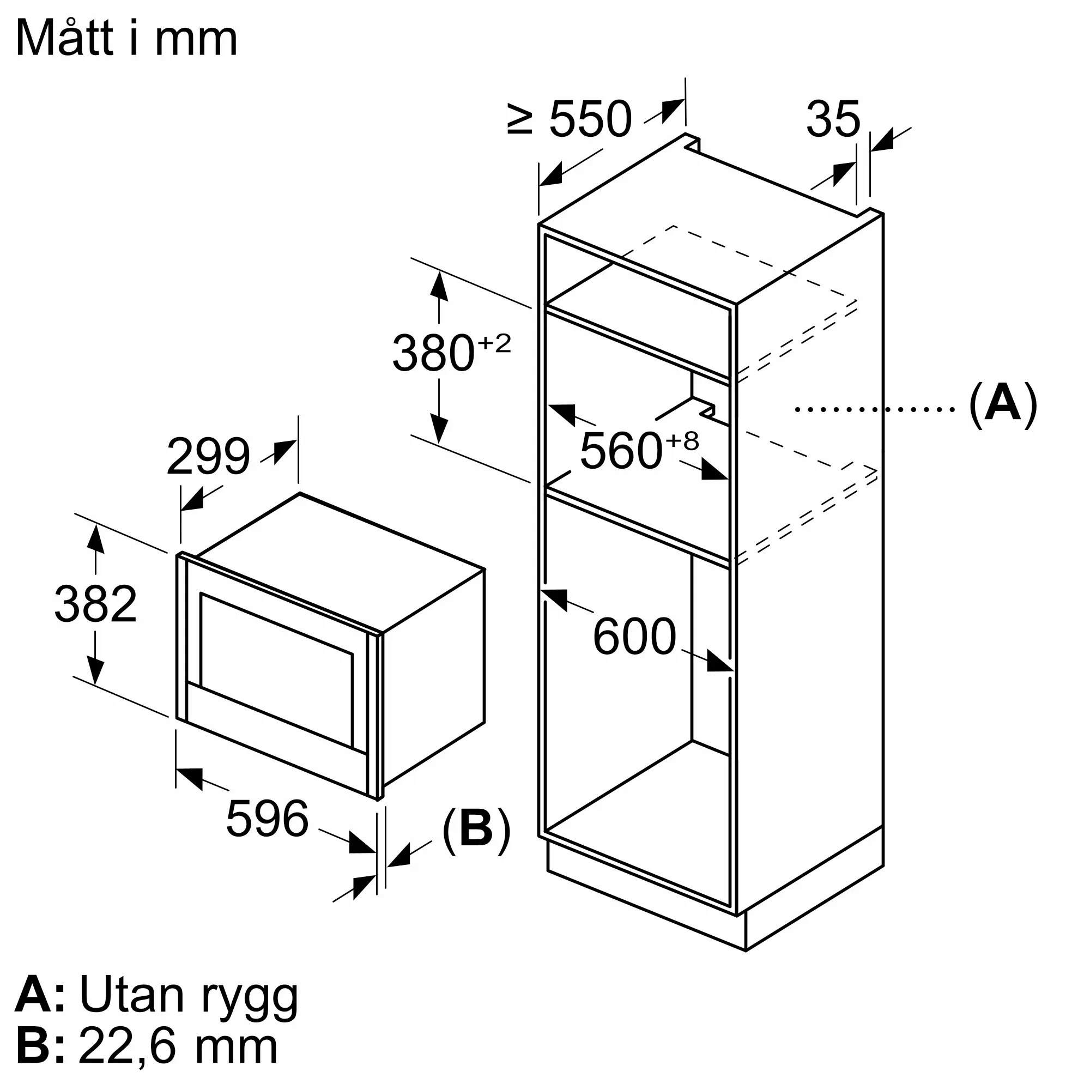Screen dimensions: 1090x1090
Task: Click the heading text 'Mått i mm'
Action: (x=126, y=38)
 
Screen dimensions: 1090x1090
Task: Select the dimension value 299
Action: (x=208, y=456)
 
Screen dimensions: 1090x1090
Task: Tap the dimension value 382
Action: (x=95, y=604)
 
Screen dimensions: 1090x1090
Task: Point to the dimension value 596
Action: (x=267, y=819)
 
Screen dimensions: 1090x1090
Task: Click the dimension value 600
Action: (x=634, y=637)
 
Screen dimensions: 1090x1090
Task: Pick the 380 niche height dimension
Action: (x=433, y=354)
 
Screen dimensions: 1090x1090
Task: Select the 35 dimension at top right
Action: (x=833, y=119)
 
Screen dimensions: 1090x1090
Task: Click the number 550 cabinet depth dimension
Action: (x=590, y=119)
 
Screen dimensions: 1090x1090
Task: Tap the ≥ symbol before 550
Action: (x=519, y=119)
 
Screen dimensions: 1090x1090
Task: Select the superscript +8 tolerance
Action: (x=683, y=440)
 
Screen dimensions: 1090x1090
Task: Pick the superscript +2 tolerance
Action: (x=494, y=343)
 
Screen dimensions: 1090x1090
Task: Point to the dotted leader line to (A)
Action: (x=875, y=409)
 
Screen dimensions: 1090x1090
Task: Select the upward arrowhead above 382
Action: (x=95, y=540)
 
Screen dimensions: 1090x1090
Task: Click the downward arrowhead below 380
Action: (x=438, y=429)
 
